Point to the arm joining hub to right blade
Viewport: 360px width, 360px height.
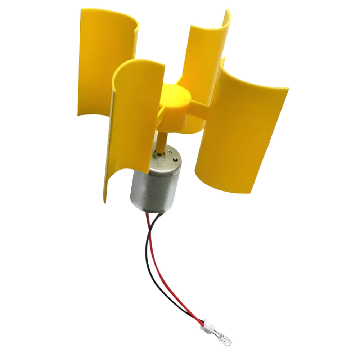pyautogui.click(x=200, y=108)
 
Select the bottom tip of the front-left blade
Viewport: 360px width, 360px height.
pyautogui.click(x=106, y=198)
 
